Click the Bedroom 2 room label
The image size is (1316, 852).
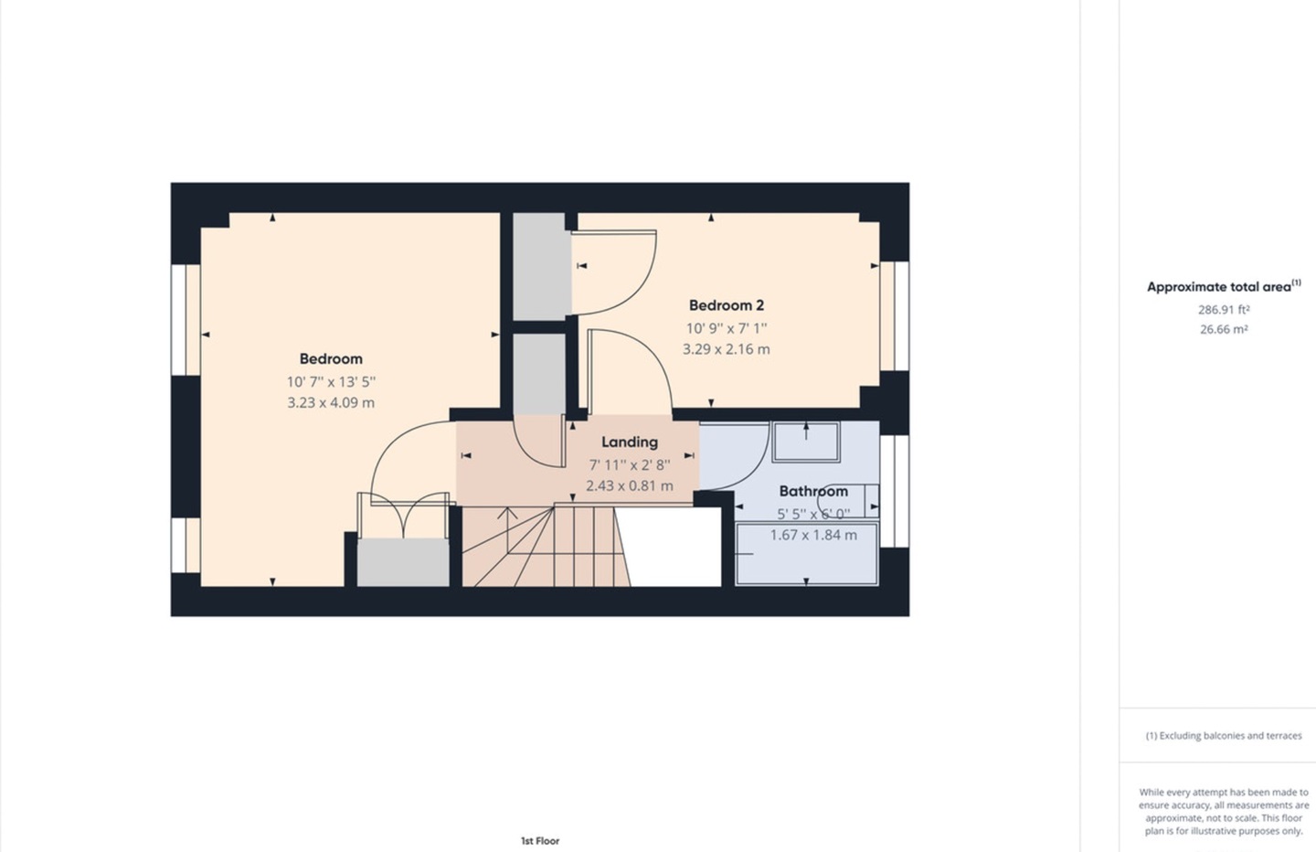pyautogui.click(x=726, y=305)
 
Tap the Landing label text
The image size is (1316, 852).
pyautogui.click(x=629, y=442)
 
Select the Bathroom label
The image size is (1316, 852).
pyautogui.click(x=812, y=492)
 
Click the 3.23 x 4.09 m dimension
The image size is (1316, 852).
pyautogui.click(x=331, y=402)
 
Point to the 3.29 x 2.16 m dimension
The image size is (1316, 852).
pyautogui.click(x=726, y=349)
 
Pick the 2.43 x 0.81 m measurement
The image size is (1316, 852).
pyautogui.click(x=629, y=485)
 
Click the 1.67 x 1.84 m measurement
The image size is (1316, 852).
pyautogui.click(x=812, y=535)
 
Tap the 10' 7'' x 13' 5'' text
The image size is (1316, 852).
pyautogui.click(x=331, y=382)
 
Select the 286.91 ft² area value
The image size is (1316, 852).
pyautogui.click(x=1223, y=310)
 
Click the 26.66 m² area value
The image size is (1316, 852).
pyautogui.click(x=1223, y=330)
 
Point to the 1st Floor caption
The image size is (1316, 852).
pyautogui.click(x=539, y=841)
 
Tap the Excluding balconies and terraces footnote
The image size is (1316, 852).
pyautogui.click(x=1223, y=736)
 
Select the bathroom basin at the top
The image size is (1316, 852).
pyautogui.click(x=805, y=442)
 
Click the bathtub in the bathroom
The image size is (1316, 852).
pyautogui.click(x=806, y=554)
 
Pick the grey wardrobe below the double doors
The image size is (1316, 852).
pyautogui.click(x=402, y=562)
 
